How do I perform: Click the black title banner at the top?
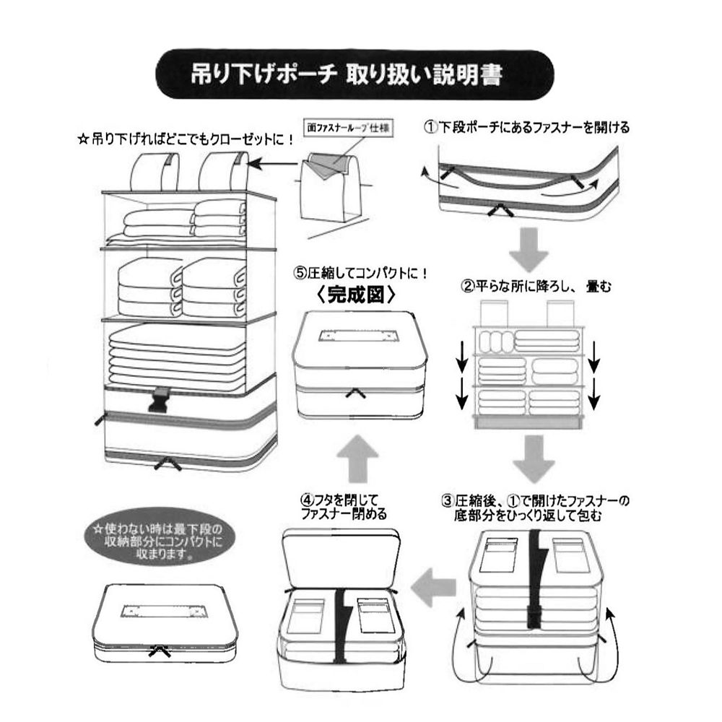355,74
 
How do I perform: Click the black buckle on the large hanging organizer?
160,399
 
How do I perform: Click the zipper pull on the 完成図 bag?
355,393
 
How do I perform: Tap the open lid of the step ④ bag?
342,556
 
